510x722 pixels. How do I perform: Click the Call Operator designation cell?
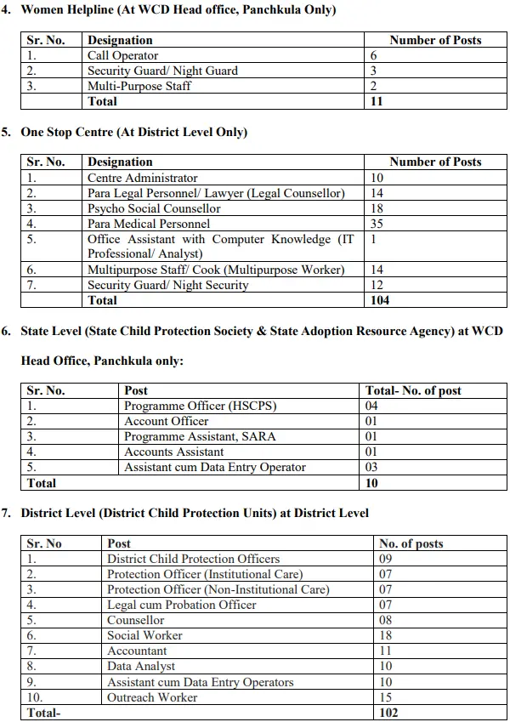(122, 55)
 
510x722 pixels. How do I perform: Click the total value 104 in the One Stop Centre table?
(380, 300)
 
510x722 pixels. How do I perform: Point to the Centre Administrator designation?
(142, 178)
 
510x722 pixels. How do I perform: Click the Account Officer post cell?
(166, 421)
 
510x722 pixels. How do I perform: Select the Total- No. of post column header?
(413, 390)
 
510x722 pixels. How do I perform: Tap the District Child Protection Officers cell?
(193, 559)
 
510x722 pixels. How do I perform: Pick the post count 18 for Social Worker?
(386, 635)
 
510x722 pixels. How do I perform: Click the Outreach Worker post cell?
(152, 697)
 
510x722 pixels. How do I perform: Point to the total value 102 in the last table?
(388, 713)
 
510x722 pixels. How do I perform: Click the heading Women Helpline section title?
(178, 10)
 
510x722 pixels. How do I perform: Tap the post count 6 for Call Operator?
(374, 55)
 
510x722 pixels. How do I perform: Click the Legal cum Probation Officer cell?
(181, 605)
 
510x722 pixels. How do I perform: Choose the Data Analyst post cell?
(141, 666)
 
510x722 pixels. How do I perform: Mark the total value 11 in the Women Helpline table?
(377, 101)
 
